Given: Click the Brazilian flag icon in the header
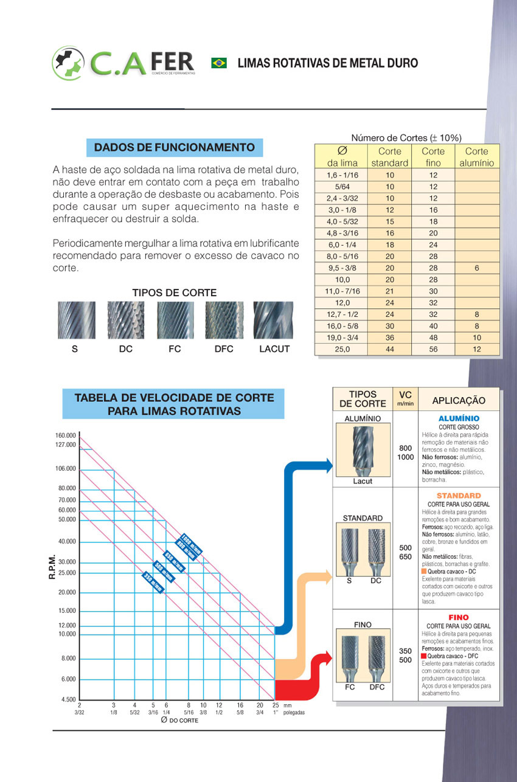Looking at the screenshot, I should (219, 63).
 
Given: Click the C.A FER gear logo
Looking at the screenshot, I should (69, 63).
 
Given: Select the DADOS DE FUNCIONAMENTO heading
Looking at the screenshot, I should (175, 147).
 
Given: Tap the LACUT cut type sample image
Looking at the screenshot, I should (272, 320).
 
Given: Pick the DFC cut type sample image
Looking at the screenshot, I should (224, 320).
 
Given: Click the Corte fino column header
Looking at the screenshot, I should (433, 157).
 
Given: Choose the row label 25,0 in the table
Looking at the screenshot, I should (339, 350).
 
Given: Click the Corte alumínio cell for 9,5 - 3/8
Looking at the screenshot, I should (477, 268).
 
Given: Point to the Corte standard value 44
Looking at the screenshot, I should (390, 350).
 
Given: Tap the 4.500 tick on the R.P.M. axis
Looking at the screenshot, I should (68, 699).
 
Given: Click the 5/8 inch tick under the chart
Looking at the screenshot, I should (240, 712).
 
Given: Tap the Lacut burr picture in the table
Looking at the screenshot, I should (363, 450).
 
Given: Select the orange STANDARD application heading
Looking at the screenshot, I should (459, 496).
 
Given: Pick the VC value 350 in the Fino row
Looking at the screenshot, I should (405, 651).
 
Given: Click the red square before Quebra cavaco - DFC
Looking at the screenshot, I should (424, 657).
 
